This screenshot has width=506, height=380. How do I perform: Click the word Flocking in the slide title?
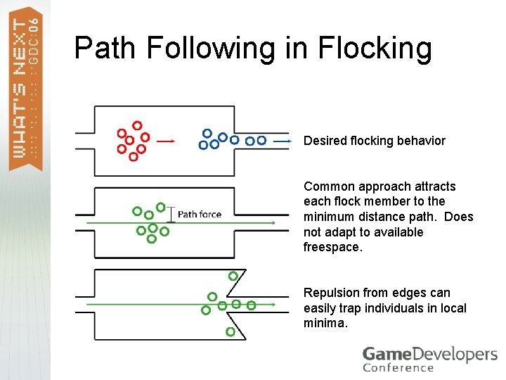[x=375, y=48]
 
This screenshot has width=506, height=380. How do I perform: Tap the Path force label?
[x=200, y=214]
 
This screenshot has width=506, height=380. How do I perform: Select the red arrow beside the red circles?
[x=166, y=141]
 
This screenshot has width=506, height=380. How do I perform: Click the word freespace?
[x=333, y=247]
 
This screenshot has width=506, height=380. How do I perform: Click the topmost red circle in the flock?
[x=137, y=125]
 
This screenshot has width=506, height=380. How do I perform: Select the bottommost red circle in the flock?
[x=134, y=156]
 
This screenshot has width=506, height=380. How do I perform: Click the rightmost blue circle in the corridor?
[x=261, y=141]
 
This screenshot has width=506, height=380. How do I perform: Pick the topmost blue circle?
[x=207, y=133]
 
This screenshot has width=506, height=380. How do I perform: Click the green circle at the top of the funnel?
[x=233, y=276]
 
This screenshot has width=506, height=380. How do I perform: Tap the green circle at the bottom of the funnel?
[x=230, y=331]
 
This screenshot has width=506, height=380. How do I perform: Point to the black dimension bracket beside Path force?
[x=169, y=215]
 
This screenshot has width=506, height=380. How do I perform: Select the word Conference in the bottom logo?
[x=398, y=367]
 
